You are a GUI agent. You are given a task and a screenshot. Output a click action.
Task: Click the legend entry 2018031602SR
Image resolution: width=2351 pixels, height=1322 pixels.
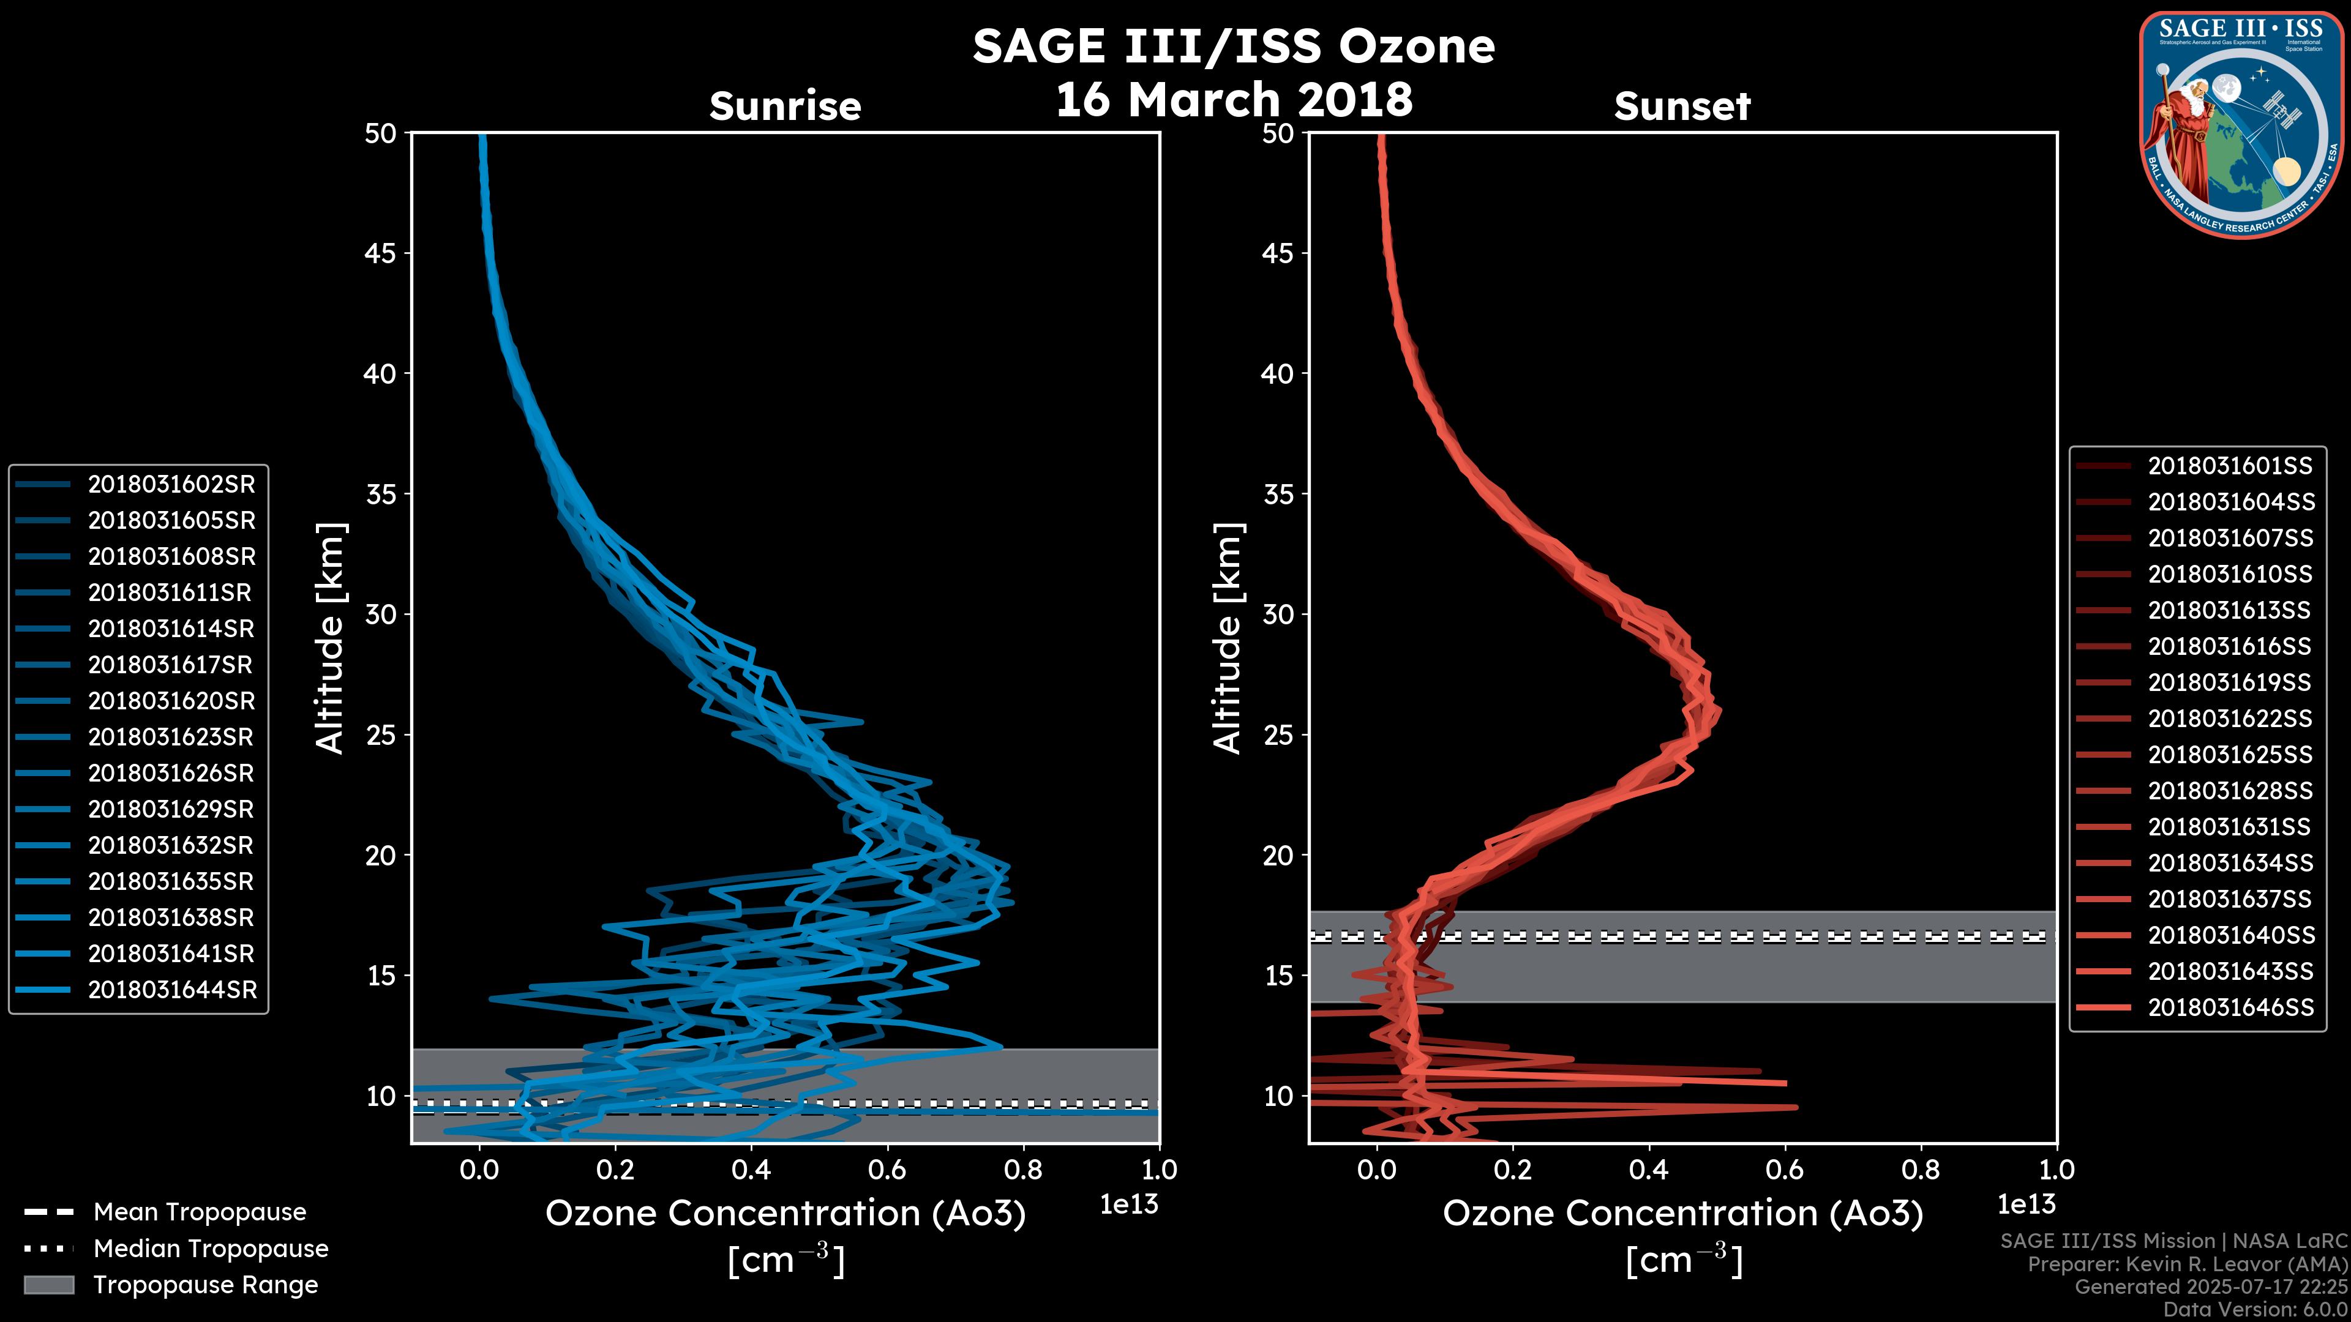click(x=171, y=485)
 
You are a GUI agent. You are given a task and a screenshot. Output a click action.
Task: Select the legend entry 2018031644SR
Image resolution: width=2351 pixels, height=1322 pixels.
click(x=171, y=990)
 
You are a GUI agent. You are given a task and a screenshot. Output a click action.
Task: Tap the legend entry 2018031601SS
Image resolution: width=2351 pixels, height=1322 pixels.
click(x=2230, y=466)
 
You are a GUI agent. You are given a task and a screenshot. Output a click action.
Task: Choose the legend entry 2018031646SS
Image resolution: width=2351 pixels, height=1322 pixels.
click(x=2230, y=1007)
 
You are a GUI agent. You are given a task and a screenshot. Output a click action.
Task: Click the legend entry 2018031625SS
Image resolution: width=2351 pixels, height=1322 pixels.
click(x=2230, y=755)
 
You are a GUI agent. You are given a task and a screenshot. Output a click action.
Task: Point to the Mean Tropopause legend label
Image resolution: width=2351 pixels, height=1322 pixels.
click(x=199, y=1212)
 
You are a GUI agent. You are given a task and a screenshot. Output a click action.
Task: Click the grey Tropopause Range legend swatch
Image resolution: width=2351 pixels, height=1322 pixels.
click(x=48, y=1285)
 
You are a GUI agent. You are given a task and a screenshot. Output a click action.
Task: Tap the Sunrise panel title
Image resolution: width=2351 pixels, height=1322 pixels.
click(x=785, y=106)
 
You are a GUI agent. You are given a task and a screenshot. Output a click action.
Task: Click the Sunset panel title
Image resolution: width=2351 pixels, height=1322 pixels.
click(x=1682, y=106)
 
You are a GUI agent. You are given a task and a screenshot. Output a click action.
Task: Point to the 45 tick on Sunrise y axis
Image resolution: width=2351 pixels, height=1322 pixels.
click(x=381, y=253)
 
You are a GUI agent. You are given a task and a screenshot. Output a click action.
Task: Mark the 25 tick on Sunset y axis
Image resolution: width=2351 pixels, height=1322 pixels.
click(x=1278, y=734)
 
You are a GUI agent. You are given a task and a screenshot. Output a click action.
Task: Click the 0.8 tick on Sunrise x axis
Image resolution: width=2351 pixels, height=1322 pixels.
click(x=1023, y=1170)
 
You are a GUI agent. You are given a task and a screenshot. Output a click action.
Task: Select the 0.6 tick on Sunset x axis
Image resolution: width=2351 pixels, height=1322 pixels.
click(x=1784, y=1170)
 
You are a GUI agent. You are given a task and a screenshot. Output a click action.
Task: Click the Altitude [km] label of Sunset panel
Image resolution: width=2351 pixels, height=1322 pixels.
click(x=1228, y=638)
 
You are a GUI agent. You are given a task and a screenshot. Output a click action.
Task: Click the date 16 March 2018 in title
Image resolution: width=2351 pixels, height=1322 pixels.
click(x=1234, y=99)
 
